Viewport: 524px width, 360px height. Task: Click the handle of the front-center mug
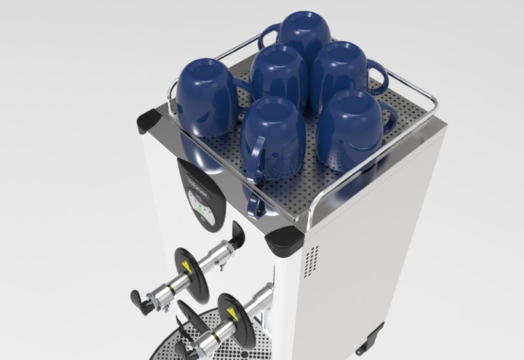pyautogui.click(x=254, y=164)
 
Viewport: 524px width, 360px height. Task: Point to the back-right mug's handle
pyautogui.click(x=377, y=76)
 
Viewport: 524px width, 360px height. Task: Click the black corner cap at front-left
pyautogui.click(x=149, y=121)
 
